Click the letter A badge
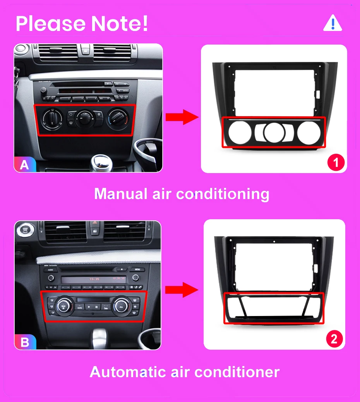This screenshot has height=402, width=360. click(x=24, y=165)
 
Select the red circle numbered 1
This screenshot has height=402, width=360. click(x=335, y=162)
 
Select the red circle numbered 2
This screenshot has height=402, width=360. click(x=334, y=340)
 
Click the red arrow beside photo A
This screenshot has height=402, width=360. click(x=182, y=117)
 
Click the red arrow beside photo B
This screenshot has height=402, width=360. click(x=182, y=289)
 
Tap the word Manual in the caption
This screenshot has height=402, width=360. click(x=118, y=194)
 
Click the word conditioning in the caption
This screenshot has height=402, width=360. click(x=223, y=194)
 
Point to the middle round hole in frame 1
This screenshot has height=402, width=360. click(x=274, y=132)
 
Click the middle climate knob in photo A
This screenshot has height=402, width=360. click(x=84, y=118)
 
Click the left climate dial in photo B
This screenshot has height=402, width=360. click(x=62, y=306)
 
